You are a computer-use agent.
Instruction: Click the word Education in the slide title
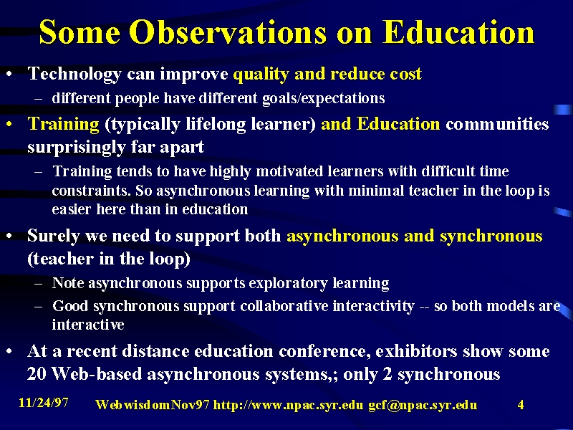pos(458,32)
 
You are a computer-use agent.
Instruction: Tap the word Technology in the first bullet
pos(74,75)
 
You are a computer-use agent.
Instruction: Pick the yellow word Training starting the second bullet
pos(63,124)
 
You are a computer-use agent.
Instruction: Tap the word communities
pos(497,124)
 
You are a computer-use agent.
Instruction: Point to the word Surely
pos(53,236)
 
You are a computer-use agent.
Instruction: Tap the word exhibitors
pos(416,351)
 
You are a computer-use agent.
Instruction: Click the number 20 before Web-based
pos(37,374)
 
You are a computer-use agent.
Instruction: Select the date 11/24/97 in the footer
pos(43,403)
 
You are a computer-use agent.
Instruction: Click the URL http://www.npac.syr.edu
pos(289,405)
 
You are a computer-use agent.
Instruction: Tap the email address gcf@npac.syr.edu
pos(423,406)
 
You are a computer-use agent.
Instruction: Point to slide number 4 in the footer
pos(521,405)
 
